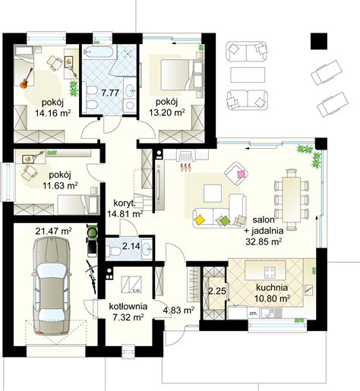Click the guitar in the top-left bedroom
click(26, 78)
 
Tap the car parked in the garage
click(52, 285)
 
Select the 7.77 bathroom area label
click(110, 93)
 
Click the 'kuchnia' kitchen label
click(272, 288)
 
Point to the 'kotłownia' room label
click(128, 307)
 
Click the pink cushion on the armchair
click(241, 174)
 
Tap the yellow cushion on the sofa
click(200, 219)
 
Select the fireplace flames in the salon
click(186, 167)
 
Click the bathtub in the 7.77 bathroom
click(98, 52)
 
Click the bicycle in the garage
click(92, 276)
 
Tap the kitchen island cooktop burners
click(270, 272)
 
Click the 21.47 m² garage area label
click(53, 231)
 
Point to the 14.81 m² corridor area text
click(125, 214)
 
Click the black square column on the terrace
click(319, 41)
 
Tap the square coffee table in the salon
click(213, 194)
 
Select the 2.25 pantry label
click(217, 291)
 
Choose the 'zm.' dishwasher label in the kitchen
click(254, 313)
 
